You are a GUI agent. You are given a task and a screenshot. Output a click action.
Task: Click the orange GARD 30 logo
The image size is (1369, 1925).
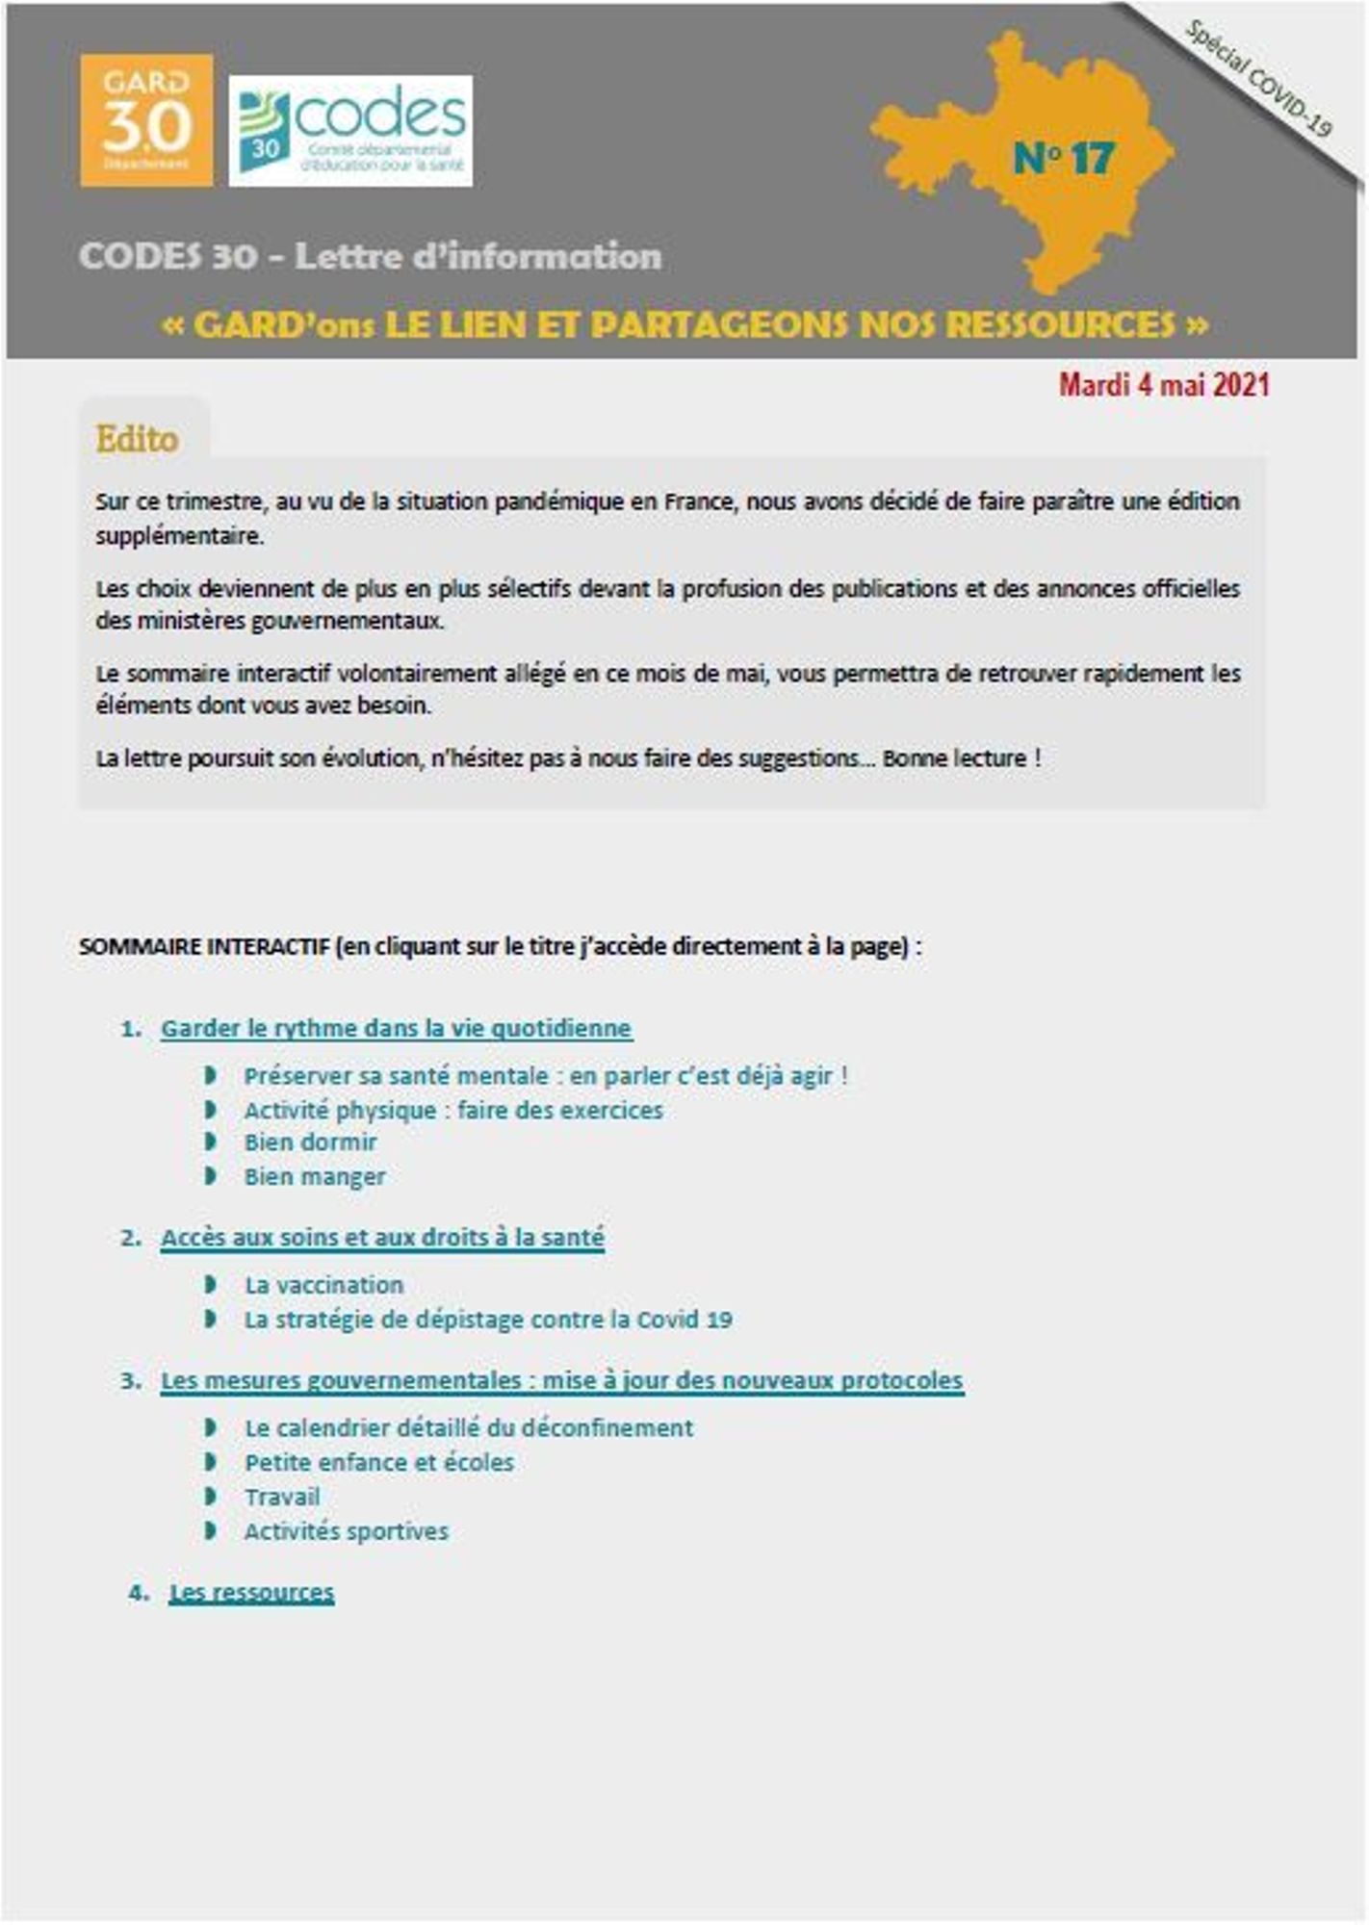click(x=146, y=120)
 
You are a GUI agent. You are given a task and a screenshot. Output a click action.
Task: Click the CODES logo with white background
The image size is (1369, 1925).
click(x=350, y=131)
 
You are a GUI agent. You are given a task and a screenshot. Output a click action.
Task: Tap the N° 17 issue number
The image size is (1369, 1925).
click(x=1064, y=159)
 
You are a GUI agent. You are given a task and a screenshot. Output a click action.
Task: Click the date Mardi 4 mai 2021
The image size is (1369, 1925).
click(x=1164, y=385)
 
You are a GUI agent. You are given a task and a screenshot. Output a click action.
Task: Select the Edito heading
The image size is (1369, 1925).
click(x=137, y=440)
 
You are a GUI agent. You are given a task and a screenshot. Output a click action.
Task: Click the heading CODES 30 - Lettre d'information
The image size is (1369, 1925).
click(x=371, y=257)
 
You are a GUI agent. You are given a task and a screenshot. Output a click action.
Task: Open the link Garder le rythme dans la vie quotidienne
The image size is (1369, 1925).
click(x=396, y=1029)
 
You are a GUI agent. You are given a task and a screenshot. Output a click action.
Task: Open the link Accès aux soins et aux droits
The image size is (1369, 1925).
click(x=382, y=1238)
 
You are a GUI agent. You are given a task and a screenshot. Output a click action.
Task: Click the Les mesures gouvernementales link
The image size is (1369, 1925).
click(x=561, y=1380)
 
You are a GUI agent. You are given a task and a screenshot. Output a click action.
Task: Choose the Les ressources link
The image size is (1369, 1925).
click(x=251, y=1593)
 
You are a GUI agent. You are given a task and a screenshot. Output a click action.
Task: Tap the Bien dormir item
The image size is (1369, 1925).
click(x=310, y=1142)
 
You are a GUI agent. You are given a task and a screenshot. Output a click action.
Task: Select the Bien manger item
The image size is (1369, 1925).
click(x=315, y=1177)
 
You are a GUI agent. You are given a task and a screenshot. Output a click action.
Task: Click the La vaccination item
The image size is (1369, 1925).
click(x=323, y=1285)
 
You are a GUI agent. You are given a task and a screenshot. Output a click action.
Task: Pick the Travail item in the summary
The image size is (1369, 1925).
click(x=282, y=1498)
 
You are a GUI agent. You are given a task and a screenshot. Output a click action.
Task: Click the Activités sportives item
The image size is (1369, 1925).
click(x=347, y=1531)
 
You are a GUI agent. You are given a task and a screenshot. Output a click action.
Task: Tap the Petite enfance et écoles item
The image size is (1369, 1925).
click(x=379, y=1463)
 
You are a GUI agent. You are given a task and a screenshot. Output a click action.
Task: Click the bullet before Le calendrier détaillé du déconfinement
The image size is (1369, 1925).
click(x=211, y=1427)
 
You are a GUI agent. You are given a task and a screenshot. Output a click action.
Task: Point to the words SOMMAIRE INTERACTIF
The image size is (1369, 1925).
click(x=204, y=947)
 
